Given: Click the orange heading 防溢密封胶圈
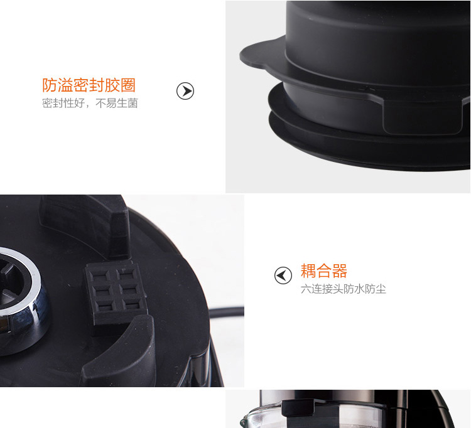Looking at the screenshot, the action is pos(89,85).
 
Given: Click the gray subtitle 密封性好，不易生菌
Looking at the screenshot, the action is pos(90,104).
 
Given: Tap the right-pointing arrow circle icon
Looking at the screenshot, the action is pos(185,91).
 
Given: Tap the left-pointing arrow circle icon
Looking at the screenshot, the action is pos(283,276).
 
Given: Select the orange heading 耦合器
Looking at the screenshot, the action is pos(324,270).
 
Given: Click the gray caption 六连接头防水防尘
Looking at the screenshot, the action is pos(344,289).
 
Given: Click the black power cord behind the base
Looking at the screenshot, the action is pos(227,312).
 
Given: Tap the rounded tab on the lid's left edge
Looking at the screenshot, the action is pos(256,55).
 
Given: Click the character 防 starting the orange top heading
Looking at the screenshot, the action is pos(50,85).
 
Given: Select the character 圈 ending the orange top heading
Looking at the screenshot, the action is pos(128,85).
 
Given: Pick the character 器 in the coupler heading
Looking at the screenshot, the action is pos(339,270).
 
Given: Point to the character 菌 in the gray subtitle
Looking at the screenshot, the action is pos(133,104).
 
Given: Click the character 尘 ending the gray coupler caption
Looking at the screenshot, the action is pos(381,289).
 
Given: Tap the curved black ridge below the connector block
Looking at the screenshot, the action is pos(120,351).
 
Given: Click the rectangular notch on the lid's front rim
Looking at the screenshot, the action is pos(422,117).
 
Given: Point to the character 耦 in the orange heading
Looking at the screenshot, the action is pos(308,270).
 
